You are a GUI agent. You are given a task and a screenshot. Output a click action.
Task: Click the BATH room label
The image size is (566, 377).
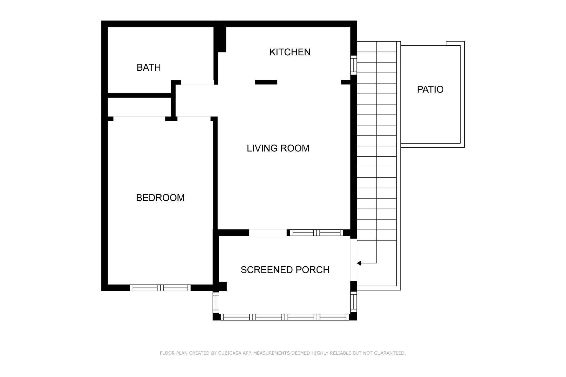pos(149,67)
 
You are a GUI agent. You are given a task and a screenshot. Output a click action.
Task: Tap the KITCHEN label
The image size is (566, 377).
pos(290,52)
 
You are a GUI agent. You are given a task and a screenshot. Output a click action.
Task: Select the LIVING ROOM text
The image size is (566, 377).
pos(278,148)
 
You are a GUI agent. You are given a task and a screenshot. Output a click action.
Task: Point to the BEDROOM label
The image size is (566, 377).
pos(160,198)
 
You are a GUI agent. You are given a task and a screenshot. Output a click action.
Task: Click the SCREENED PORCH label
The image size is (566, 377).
pos(285,270)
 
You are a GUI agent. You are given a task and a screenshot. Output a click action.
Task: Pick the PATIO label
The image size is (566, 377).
pos(430,90)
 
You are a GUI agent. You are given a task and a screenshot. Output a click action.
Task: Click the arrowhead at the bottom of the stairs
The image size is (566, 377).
pos(359,263)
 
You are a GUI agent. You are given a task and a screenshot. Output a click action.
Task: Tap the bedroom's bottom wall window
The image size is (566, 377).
pos(160,288)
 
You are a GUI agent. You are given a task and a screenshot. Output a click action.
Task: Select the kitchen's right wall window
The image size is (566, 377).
pos(353,65)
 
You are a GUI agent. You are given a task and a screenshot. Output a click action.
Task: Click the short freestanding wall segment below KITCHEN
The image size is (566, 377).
pos(266,82)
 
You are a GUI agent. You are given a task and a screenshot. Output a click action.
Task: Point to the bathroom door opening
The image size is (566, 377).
pos(198,82)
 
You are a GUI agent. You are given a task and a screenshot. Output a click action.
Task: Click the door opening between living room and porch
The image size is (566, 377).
pos(268,233)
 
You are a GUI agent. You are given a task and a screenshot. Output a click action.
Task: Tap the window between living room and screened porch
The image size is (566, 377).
pos(317,233)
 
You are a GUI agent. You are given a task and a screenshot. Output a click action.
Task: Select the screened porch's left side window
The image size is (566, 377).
pos(216,302)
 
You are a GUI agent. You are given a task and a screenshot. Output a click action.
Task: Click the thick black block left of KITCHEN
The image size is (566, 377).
pos(220,39)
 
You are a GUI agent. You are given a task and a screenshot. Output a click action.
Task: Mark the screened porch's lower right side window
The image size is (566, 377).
pos(353,302)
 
